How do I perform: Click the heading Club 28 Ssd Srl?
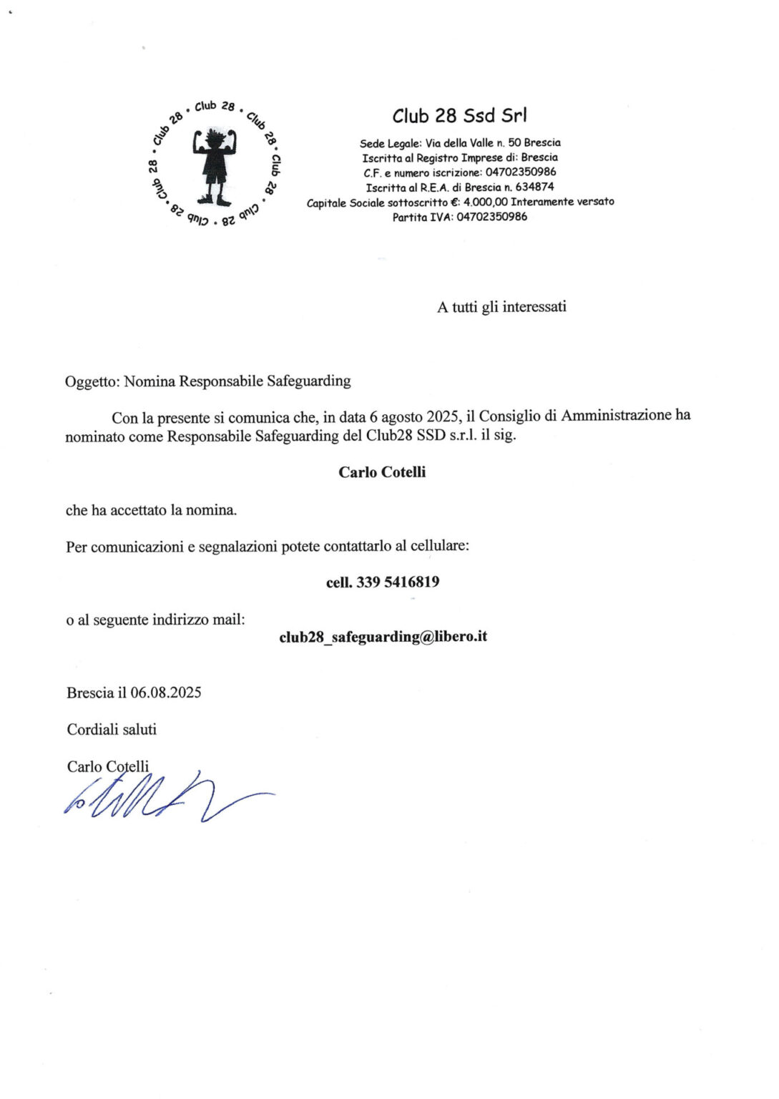(x=459, y=116)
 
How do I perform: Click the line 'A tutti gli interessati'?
(x=501, y=307)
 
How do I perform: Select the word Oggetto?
(x=91, y=381)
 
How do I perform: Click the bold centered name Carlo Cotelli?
(x=382, y=472)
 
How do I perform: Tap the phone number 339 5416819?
(x=398, y=582)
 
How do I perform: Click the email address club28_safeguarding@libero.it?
(x=383, y=637)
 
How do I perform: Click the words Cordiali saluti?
(x=111, y=730)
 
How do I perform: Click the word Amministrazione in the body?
(x=616, y=415)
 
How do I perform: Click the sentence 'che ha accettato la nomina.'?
(x=151, y=510)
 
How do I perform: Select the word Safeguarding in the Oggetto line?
(x=308, y=381)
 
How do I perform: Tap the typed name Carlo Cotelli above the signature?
(x=107, y=767)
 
